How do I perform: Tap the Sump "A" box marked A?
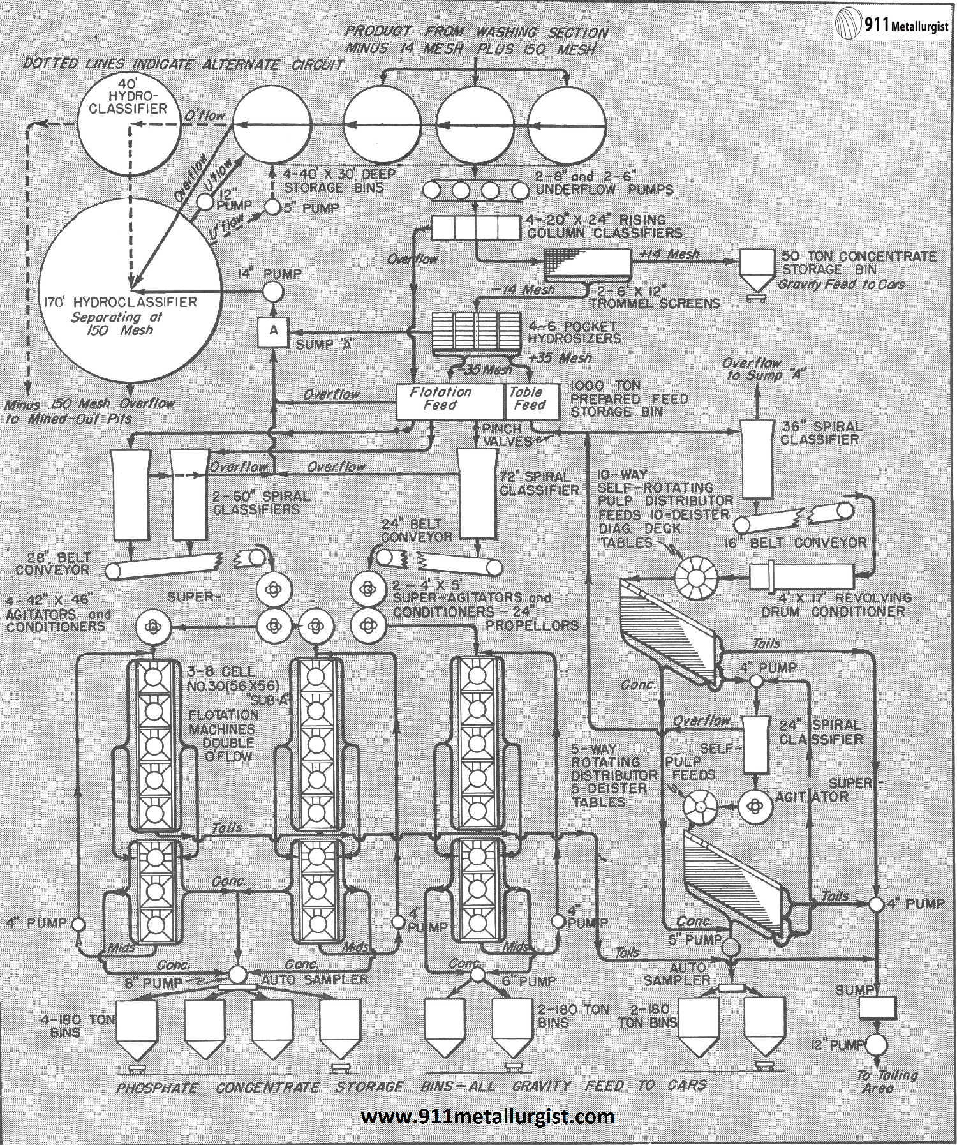[x=273, y=331]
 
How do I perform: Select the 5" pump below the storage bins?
[x=272, y=207]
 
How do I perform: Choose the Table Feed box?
[x=531, y=401]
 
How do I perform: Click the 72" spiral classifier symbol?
[x=477, y=493]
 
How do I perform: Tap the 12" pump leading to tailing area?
[x=878, y=1045]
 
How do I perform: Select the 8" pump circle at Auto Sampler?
[x=238, y=975]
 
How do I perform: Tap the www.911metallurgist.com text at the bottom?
[x=487, y=1117]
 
